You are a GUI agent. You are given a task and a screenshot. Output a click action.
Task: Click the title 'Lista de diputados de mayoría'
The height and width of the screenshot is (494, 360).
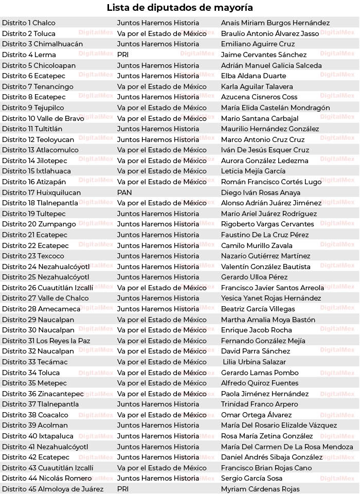coord(180,8)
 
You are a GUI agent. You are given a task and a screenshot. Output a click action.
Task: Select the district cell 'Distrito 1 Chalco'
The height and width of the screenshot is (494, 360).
coord(29,23)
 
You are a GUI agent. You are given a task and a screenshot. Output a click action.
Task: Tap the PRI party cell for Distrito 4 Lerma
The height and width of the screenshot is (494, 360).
coord(123,55)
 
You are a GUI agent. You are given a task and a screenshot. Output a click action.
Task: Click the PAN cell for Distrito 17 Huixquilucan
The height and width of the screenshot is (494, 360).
coord(124,192)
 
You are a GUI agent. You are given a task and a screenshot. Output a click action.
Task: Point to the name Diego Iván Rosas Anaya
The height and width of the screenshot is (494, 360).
coord(261,192)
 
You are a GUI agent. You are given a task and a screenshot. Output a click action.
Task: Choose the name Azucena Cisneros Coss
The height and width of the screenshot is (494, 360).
coord(259,97)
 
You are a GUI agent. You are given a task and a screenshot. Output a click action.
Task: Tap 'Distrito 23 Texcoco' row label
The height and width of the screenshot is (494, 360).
coord(33,256)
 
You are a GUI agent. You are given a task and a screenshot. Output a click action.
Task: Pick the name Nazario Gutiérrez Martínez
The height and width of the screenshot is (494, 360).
coord(266,256)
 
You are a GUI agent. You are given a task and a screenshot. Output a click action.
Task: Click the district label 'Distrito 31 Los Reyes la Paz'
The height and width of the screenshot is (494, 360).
coord(46,341)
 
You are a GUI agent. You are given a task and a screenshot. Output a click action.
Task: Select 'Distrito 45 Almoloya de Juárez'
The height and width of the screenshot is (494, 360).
coord(53,489)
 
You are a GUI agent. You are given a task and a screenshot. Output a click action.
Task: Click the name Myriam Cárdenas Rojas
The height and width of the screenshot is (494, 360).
coord(260,489)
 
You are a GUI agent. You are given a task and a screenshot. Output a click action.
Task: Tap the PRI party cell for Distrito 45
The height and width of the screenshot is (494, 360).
coord(123,489)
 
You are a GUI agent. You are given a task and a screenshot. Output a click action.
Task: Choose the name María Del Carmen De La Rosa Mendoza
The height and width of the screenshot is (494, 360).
coord(287,447)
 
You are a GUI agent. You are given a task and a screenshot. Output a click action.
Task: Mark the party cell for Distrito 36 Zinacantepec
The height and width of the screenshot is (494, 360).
coord(162,394)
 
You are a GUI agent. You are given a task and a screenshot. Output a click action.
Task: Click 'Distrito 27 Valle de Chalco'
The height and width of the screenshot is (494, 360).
coord(45,298)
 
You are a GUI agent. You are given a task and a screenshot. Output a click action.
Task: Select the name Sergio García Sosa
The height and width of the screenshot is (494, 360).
coord(251,478)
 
